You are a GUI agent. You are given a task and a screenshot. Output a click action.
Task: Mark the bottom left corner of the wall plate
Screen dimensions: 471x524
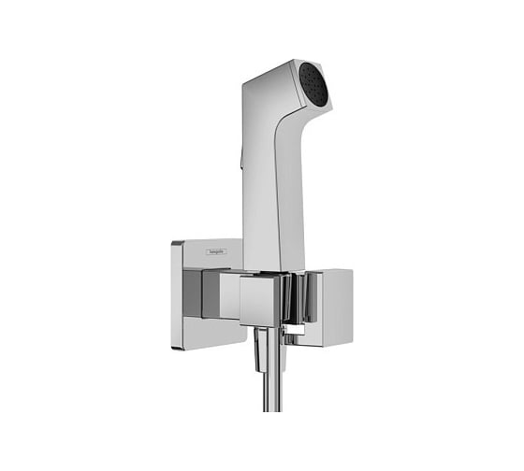pos(174,347)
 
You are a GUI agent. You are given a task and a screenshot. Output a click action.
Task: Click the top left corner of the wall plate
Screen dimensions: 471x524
pos(174,241)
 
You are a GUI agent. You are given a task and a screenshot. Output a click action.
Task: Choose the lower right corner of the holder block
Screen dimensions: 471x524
pos(351,343)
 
